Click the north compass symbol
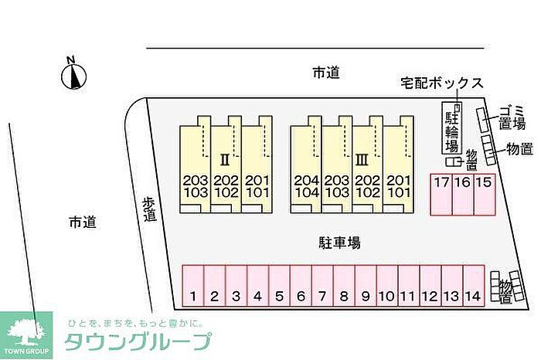click(x=74, y=76)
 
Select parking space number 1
click(x=193, y=286)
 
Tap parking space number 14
click(x=474, y=286)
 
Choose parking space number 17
click(x=441, y=195)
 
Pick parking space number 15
click(x=485, y=195)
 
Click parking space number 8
click(x=344, y=286)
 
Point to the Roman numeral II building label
click(x=225, y=160)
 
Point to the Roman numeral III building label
click(x=362, y=160)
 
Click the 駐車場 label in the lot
click(x=339, y=243)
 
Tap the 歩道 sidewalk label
click(x=151, y=209)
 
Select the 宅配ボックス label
click(x=442, y=83)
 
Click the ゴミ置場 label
click(x=512, y=118)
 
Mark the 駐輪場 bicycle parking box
click(x=452, y=127)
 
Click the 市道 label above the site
click(x=326, y=73)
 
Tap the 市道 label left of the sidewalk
click(x=83, y=222)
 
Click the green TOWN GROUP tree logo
click(x=26, y=335)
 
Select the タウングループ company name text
click(x=138, y=341)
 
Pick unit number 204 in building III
click(x=306, y=180)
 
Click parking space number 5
click(x=279, y=286)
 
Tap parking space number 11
click(x=409, y=286)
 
